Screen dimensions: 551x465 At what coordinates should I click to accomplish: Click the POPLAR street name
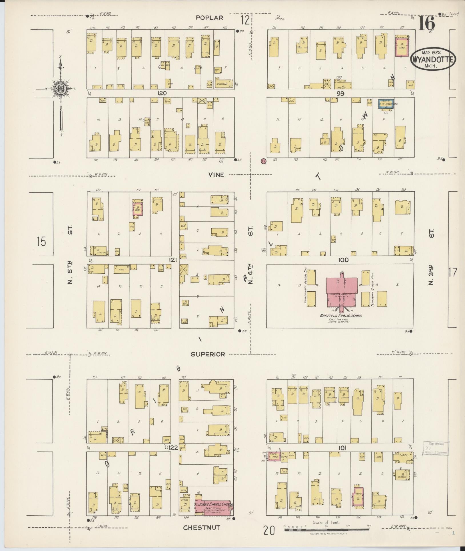[209, 18]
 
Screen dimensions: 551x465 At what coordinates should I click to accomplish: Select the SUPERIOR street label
[208, 354]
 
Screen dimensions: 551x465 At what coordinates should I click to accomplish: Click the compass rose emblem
[61, 89]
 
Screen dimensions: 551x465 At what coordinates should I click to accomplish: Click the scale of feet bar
[326, 530]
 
